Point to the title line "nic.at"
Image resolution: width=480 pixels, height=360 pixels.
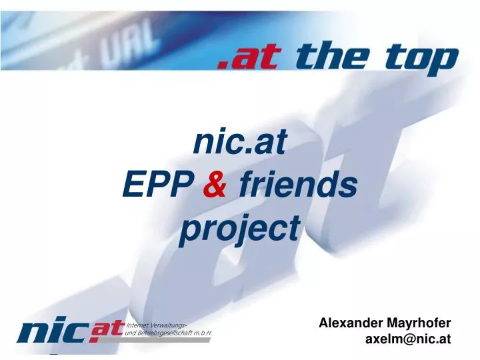click(239, 141)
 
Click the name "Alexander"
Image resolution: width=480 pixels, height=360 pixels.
click(351, 323)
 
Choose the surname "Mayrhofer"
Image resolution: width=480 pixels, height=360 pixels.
click(419, 323)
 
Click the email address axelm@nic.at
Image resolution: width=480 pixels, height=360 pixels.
click(408, 339)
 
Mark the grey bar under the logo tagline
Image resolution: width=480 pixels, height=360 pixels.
click(167, 339)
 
